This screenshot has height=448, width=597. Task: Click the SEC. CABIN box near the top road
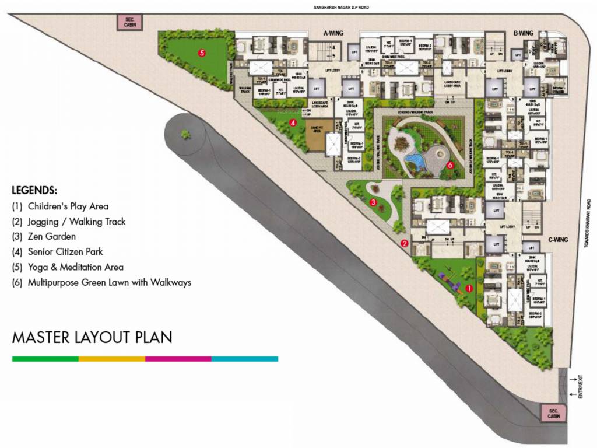(x=130, y=23)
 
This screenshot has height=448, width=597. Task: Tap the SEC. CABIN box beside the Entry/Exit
(x=553, y=413)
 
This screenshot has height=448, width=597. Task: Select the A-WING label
(x=333, y=34)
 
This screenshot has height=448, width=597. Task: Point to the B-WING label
(x=524, y=34)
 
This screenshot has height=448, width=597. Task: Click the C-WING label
(x=558, y=239)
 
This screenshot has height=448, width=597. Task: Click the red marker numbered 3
(x=373, y=202)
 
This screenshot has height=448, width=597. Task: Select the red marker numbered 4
(x=293, y=123)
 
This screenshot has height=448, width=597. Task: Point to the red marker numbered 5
(x=202, y=52)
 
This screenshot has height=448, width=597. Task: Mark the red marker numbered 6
(x=450, y=165)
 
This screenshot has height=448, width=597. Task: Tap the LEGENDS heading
(x=34, y=191)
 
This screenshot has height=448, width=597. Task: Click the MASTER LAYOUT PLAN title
(x=92, y=338)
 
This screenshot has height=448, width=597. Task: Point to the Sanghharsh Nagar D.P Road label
(x=341, y=7)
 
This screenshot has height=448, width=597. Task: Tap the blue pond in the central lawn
(x=416, y=160)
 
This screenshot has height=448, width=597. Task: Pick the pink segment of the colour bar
(x=178, y=359)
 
